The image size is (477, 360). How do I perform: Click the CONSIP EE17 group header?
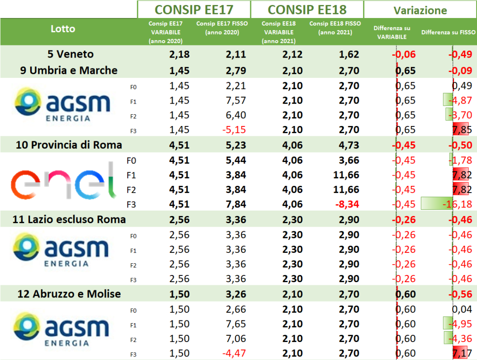[x=193, y=9]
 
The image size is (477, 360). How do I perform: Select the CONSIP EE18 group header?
[x=306, y=9]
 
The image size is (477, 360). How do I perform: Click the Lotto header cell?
[x=63, y=29]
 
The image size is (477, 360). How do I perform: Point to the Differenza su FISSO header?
[x=448, y=32]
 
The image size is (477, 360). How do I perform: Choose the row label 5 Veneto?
[x=71, y=54]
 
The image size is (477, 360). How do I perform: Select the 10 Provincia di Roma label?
[x=69, y=145]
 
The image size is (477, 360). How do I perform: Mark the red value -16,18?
[x=457, y=205]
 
